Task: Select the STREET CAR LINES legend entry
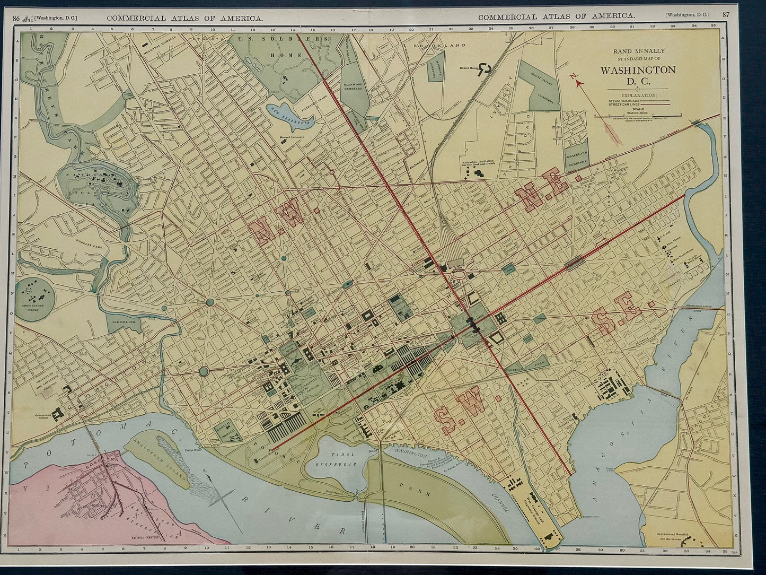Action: (631, 104)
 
